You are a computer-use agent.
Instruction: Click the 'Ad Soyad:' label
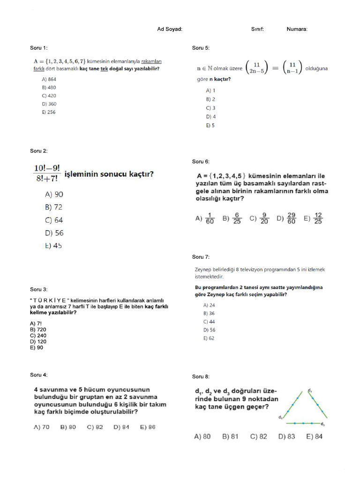[x=170, y=29]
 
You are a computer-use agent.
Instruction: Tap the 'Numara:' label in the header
[x=297, y=29]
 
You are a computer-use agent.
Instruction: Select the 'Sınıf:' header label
[x=257, y=29]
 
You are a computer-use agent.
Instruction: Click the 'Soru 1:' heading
[x=39, y=48]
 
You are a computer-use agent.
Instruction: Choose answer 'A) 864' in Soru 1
[x=49, y=79]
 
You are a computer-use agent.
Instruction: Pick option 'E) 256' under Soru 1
[x=48, y=112]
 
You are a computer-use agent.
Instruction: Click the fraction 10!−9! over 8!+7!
[x=46, y=173]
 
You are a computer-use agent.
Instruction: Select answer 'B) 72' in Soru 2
[x=53, y=207]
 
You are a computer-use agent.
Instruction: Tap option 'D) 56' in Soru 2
[x=54, y=232]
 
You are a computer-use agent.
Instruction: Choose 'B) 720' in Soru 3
[x=38, y=330]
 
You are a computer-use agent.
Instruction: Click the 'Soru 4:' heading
[x=39, y=375]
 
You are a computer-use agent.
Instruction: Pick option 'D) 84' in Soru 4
[x=121, y=427]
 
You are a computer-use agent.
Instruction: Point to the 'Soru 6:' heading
[x=201, y=162]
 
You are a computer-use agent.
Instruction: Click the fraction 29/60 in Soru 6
[x=292, y=218]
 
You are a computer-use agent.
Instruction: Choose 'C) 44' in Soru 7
[x=209, y=322]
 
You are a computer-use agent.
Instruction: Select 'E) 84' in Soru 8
[x=314, y=436]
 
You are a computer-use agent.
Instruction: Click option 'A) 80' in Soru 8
[x=202, y=436]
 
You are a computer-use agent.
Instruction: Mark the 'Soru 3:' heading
[x=39, y=289]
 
